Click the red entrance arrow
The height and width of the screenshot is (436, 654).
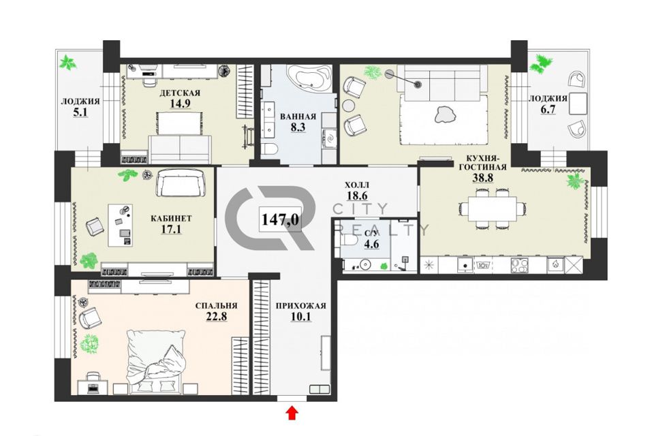292,413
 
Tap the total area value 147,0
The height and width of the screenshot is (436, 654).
280,219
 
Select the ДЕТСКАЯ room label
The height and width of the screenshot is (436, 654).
180,93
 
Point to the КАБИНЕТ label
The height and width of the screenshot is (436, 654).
171,218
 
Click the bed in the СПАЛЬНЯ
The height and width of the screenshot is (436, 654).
157,362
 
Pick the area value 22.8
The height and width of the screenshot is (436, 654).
217,317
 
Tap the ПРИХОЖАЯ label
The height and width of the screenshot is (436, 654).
300,306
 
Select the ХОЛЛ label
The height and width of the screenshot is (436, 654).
357,185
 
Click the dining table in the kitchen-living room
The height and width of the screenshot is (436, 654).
491,208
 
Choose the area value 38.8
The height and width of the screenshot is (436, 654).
482,178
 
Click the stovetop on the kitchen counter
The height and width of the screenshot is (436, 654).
520,266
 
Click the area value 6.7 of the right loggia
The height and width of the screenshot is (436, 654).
547,109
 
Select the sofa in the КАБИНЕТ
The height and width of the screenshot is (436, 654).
182,183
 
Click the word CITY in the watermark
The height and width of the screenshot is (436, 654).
361,208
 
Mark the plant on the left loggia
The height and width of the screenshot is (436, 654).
67,63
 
